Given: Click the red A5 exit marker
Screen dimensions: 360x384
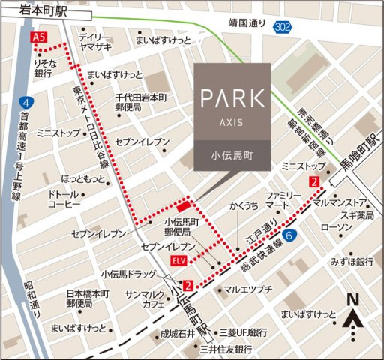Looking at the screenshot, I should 38,37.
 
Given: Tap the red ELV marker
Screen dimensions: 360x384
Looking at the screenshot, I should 178,259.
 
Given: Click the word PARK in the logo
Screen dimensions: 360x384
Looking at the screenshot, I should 232,97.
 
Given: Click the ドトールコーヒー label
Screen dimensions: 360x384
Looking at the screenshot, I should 63,199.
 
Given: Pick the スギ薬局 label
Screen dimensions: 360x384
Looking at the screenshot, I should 354,214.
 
